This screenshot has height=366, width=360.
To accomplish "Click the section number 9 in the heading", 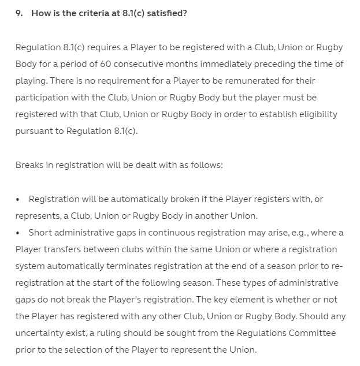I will [x=19, y=13].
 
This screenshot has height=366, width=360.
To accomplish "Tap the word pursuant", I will [x=34, y=131].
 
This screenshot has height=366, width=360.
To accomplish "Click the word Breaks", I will [x=31, y=165].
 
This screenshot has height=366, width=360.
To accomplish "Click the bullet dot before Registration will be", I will [x=19, y=199].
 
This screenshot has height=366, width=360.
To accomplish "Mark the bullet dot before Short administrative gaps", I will [x=19, y=233].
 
